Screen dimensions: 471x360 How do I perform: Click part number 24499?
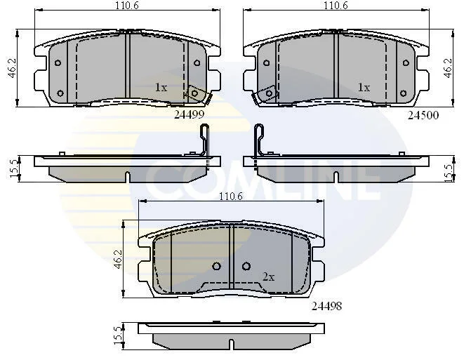pos(190,114)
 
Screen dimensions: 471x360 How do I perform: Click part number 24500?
pos(423,115)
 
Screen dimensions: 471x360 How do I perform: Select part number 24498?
pos(327,306)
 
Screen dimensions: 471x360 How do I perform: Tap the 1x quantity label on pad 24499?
pos(161,88)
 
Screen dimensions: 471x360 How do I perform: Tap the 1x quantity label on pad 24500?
pos(364,88)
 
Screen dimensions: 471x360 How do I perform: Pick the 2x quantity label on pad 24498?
pos(269,276)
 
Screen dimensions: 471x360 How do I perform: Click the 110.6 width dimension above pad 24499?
pos(128,5)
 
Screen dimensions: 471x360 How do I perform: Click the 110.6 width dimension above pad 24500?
pos(336,5)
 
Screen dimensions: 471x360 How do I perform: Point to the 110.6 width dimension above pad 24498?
pos(231,196)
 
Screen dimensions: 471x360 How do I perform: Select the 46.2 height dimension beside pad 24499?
pos(13,68)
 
